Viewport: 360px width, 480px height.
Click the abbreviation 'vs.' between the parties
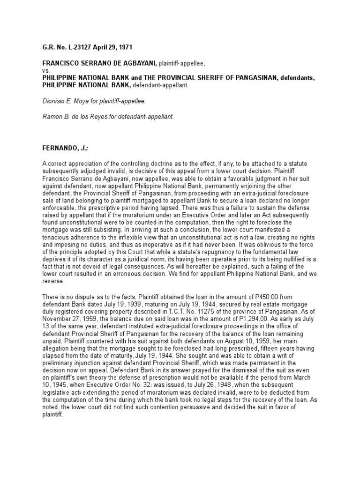click(x=46, y=70)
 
